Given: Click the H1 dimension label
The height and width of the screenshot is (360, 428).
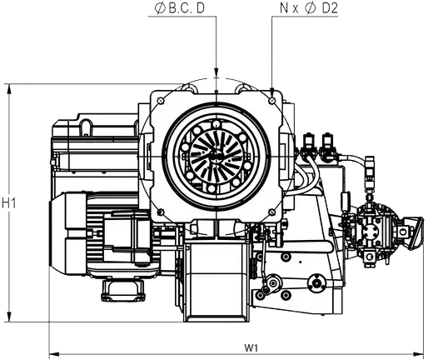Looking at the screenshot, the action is [x=9, y=203].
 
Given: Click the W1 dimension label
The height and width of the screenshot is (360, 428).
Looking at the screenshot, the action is [x=251, y=347].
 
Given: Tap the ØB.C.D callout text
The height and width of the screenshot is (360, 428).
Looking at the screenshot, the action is [x=180, y=8].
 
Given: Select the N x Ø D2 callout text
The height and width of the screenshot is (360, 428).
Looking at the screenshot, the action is [x=309, y=8].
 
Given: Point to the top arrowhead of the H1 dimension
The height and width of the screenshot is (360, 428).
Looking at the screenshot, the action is [x=9, y=89].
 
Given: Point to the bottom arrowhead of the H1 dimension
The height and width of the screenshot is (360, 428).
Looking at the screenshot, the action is [x=9, y=317].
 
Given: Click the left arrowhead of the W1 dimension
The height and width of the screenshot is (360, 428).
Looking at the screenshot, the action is [x=54, y=354].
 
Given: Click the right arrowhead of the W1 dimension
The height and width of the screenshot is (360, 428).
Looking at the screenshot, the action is [x=418, y=354].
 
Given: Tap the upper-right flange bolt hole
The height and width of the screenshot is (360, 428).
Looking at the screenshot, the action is [x=272, y=100].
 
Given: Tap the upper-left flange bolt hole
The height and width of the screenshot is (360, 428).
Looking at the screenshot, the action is [x=161, y=101].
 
